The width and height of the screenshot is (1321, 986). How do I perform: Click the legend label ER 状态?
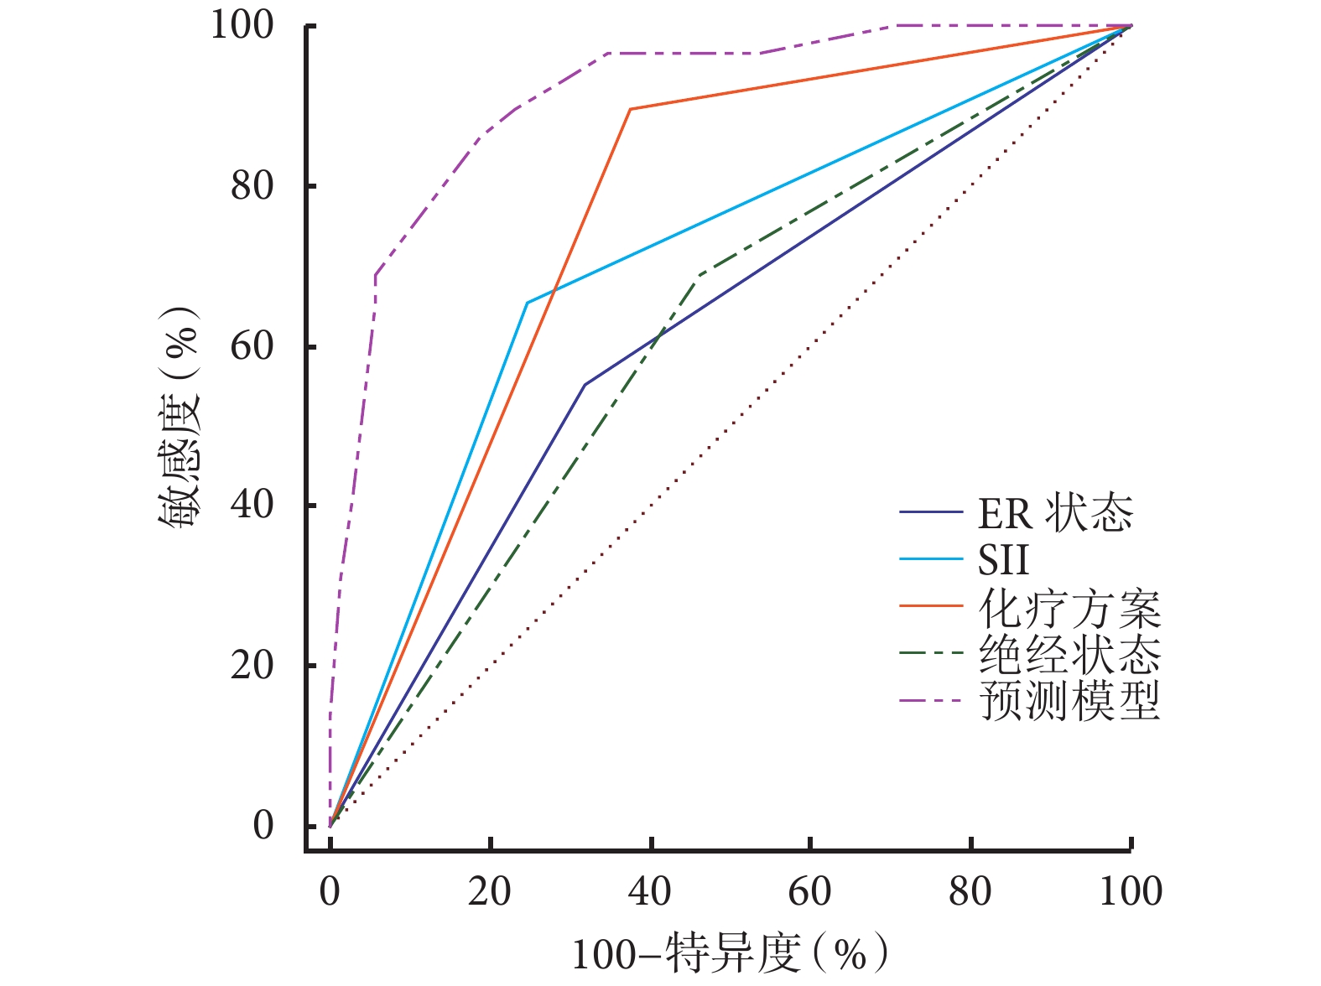[1055, 512]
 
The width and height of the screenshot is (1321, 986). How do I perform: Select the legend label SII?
[1003, 560]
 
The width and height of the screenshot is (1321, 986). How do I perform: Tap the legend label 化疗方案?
[1069, 608]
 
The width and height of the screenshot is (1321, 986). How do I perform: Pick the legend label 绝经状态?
[1069, 654]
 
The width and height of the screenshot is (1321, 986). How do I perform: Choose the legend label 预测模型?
[1069, 700]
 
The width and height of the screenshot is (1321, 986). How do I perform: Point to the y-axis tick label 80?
[252, 185]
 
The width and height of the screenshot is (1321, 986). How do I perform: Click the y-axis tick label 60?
[252, 345]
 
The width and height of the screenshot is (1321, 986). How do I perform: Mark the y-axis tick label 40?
[252, 505]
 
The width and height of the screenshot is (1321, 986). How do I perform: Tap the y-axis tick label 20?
[252, 666]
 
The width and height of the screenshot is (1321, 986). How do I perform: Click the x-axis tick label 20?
[490, 891]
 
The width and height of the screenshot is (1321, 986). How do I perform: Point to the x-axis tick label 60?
[810, 891]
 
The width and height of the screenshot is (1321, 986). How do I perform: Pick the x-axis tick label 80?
[970, 891]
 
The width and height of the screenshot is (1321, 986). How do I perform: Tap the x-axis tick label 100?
[1131, 891]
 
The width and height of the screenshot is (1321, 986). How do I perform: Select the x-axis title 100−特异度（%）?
[730, 954]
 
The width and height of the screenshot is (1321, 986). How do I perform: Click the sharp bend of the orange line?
[630, 109]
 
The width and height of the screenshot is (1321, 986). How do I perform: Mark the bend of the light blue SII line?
[527, 303]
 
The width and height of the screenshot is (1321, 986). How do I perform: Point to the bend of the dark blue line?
[585, 384]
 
